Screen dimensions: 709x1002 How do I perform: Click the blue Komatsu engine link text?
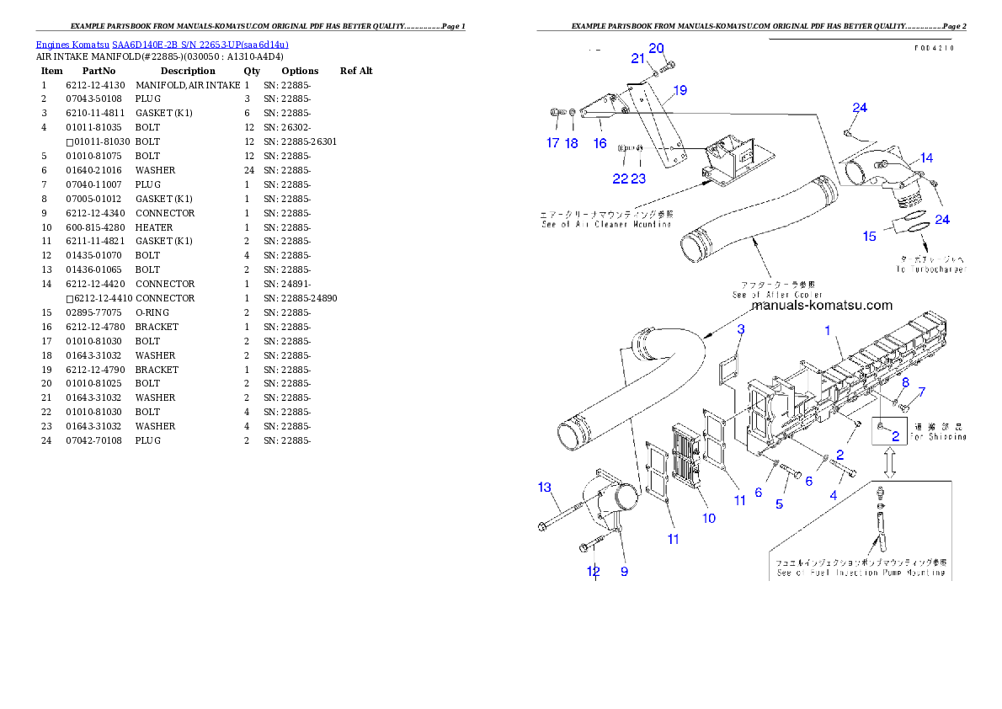point(162,45)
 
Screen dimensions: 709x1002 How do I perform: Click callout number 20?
point(656,48)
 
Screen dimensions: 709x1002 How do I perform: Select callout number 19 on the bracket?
point(680,90)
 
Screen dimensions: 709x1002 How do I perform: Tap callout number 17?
point(552,143)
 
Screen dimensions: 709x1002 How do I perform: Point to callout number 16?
point(600,143)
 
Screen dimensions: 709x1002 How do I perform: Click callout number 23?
point(638,178)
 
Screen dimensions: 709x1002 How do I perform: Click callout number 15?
point(869,237)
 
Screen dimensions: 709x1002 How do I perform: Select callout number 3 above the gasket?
point(741,329)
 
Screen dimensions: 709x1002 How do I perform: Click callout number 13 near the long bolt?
point(545,487)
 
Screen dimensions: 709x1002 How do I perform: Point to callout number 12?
point(593,571)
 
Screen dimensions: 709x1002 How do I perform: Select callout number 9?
point(624,571)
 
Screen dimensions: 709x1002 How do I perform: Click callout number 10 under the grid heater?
point(709,518)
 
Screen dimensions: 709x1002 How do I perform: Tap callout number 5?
point(779,504)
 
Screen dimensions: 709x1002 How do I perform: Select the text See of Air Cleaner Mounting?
point(606,224)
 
